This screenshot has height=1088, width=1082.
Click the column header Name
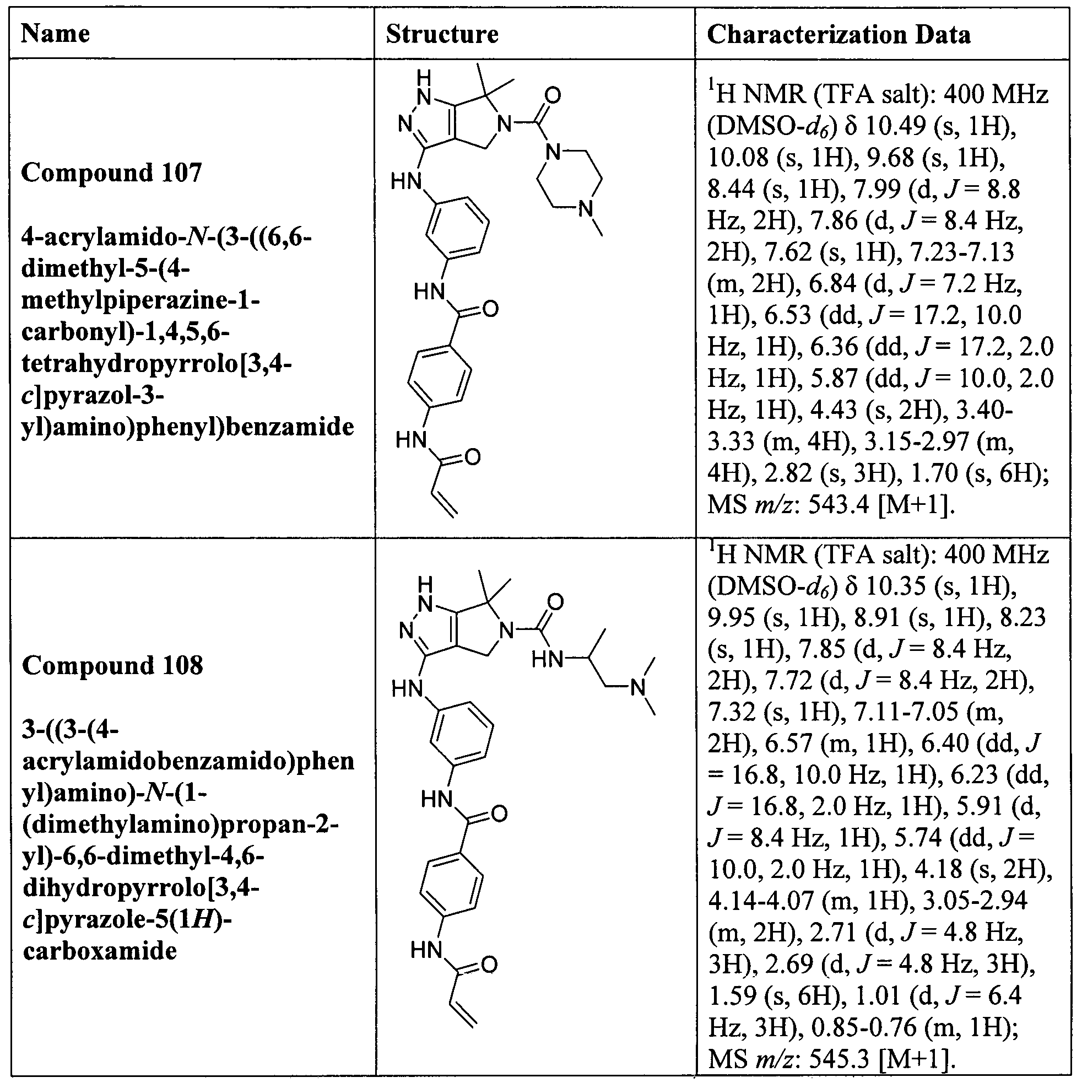point(55,34)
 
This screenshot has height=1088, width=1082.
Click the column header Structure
point(442,34)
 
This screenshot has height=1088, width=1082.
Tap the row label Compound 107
point(111,173)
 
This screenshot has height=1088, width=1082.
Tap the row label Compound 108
point(112,666)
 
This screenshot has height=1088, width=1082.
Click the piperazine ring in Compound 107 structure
point(569,180)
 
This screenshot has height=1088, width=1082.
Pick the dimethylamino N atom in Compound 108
point(637,688)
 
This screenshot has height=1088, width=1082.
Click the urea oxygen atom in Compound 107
point(553,95)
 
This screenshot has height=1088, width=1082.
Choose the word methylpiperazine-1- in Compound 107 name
point(140,300)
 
